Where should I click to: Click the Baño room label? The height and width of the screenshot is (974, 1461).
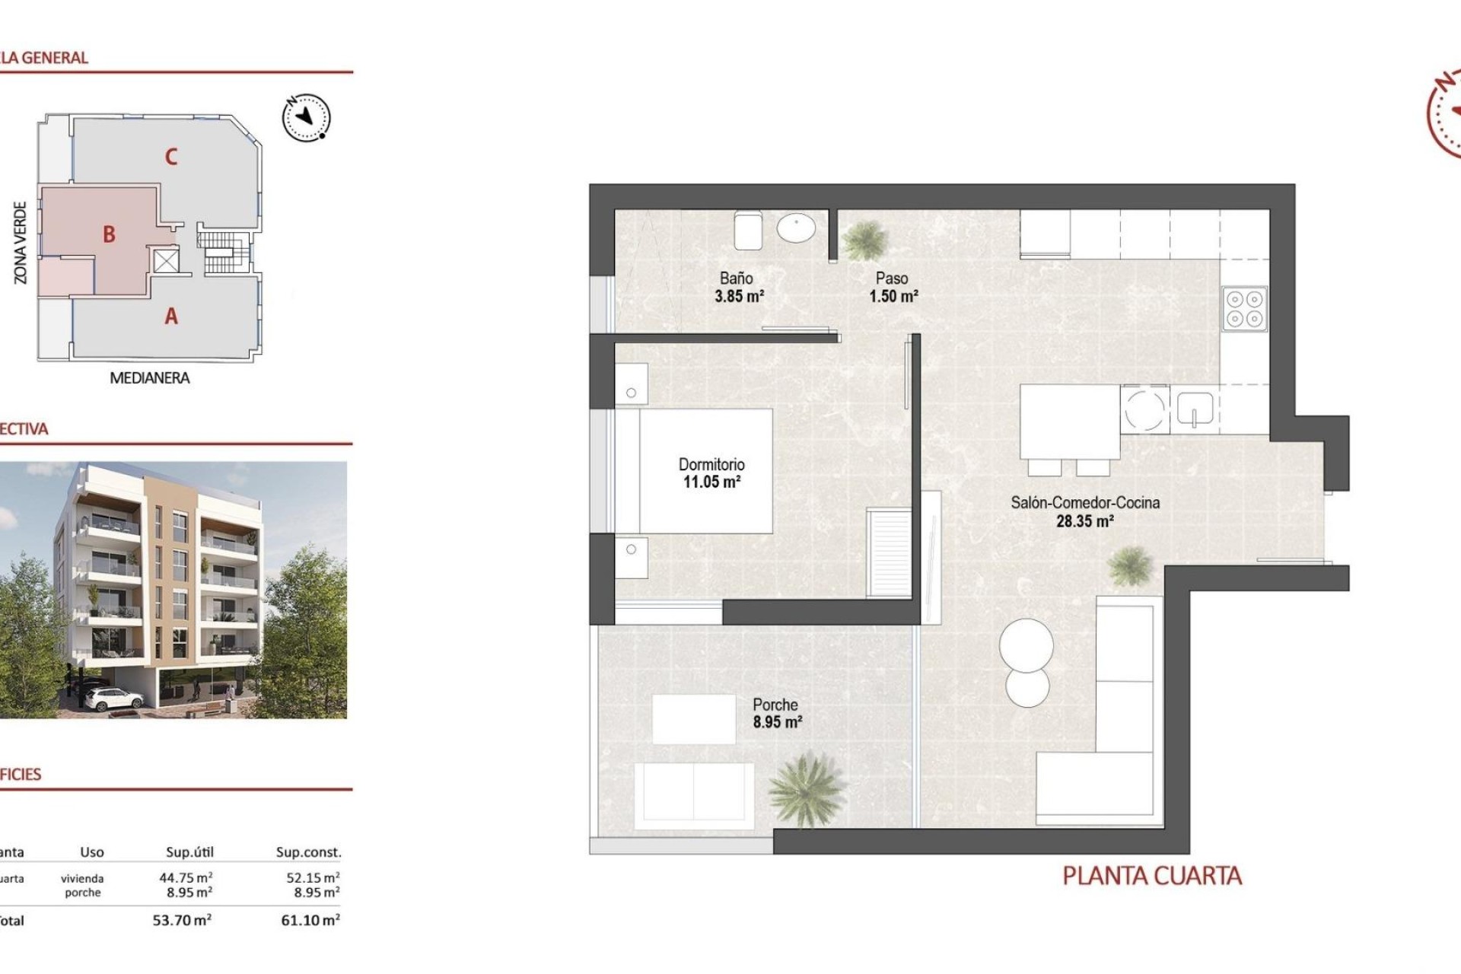click(x=736, y=279)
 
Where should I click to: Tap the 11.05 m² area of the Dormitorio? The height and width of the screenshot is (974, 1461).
click(x=711, y=482)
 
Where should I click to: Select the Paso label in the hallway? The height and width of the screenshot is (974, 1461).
click(x=892, y=279)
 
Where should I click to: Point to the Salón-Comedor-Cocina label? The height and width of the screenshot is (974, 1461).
click(x=1085, y=503)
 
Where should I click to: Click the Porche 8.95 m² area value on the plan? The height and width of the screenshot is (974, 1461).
click(x=777, y=722)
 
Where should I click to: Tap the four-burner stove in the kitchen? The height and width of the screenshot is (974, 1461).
click(x=1244, y=309)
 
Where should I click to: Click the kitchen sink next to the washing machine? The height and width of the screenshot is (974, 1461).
click(x=1195, y=409)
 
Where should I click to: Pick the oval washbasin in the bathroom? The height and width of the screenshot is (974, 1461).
click(x=796, y=228)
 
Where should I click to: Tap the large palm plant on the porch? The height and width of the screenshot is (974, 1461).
click(x=805, y=788)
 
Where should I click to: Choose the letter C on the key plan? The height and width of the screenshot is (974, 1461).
click(x=171, y=157)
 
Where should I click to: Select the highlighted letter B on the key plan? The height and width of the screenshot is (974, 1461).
click(x=110, y=234)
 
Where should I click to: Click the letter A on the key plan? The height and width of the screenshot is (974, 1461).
click(x=171, y=316)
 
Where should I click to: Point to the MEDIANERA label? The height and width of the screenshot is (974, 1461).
click(x=150, y=378)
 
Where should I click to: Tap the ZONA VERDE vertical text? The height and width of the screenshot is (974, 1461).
click(x=21, y=243)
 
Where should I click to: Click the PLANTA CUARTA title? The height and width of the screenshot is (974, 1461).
click(x=1151, y=877)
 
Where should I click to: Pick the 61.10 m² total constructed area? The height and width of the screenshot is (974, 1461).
click(x=310, y=920)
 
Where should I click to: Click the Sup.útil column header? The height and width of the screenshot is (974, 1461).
click(x=189, y=852)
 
